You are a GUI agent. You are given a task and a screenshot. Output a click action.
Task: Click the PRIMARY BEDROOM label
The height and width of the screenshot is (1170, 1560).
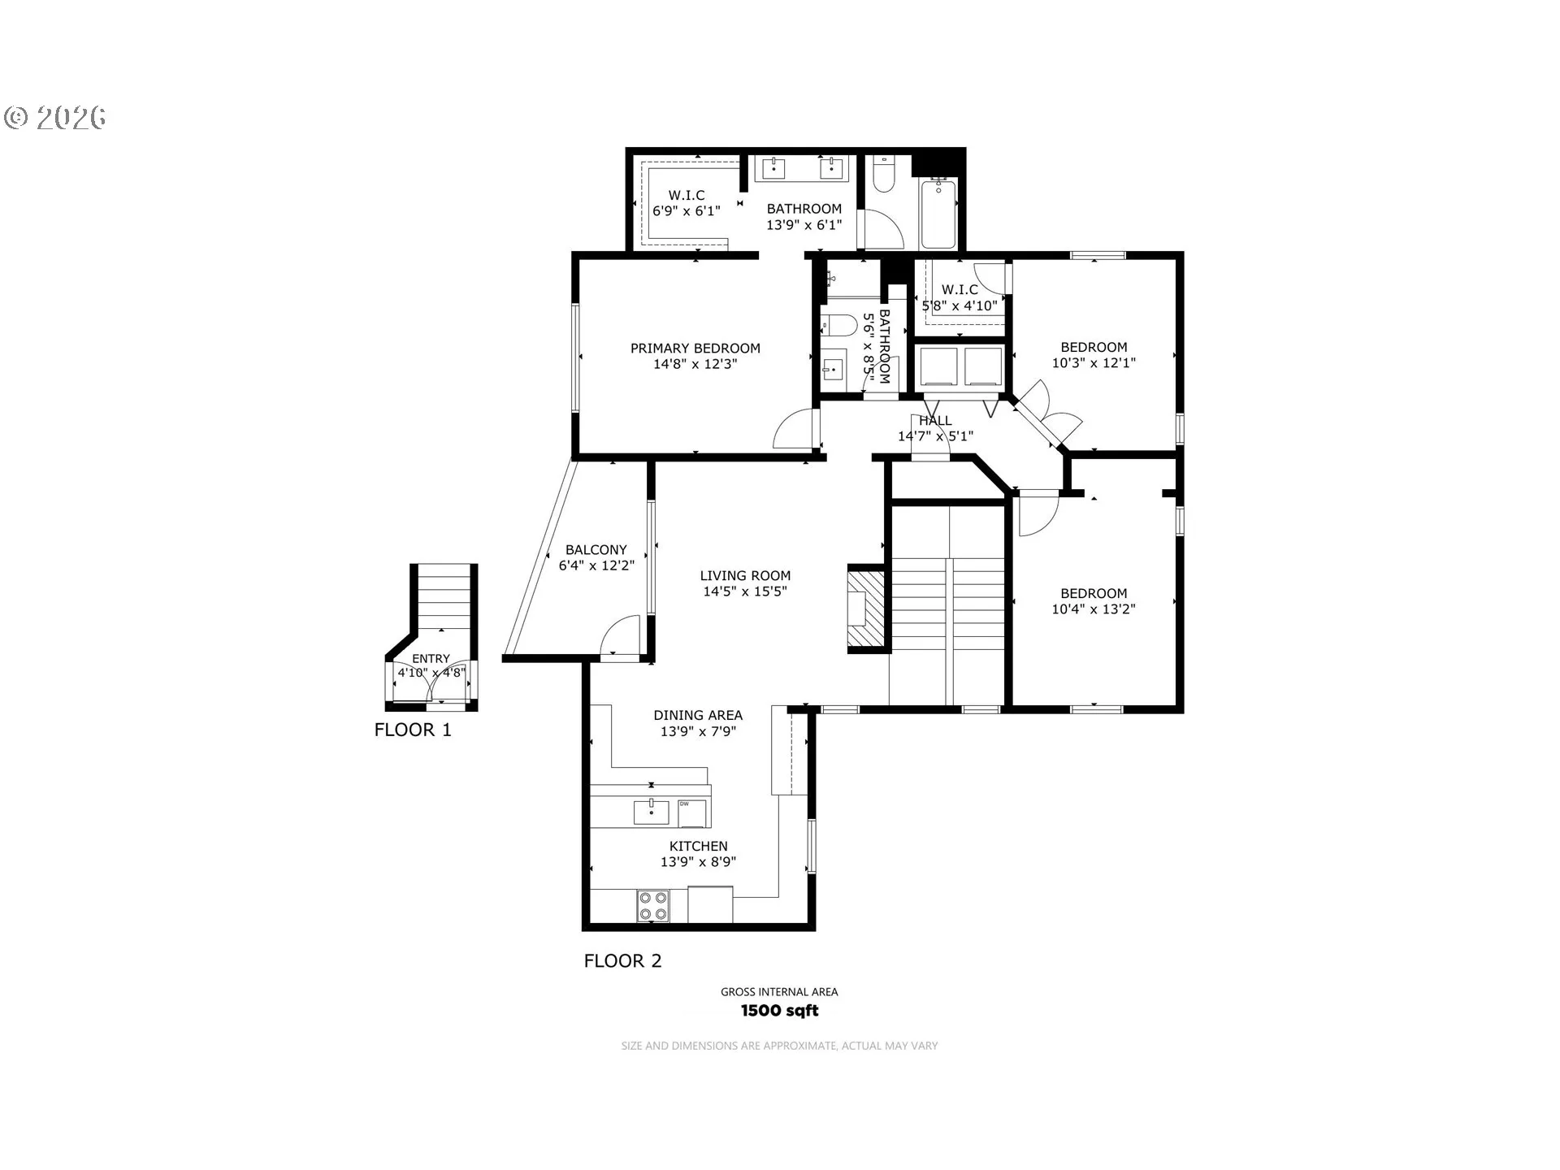click(x=695, y=349)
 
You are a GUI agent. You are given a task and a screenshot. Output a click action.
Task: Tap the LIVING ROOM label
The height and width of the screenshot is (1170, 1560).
click(x=745, y=576)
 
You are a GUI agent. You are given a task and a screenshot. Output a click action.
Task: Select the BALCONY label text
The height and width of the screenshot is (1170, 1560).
click(x=596, y=550)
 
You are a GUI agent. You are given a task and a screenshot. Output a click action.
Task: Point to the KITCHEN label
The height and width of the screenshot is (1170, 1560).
click(x=699, y=847)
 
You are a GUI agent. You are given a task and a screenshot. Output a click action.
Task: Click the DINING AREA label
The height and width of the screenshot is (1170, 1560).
click(x=698, y=716)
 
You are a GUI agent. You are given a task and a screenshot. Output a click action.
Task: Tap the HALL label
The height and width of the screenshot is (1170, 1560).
click(x=935, y=421)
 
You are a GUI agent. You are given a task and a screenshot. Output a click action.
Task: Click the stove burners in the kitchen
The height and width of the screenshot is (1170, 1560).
click(x=653, y=906)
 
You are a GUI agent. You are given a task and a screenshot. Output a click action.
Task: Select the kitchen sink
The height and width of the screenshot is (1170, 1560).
click(x=652, y=812)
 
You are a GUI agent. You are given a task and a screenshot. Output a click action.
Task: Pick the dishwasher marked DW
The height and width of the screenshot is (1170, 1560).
click(x=692, y=812)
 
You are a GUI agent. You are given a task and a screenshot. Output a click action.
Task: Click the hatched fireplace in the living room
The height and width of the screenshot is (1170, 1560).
click(x=867, y=608)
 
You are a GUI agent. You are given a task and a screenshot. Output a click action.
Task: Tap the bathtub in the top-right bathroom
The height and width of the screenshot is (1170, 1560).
click(x=939, y=214)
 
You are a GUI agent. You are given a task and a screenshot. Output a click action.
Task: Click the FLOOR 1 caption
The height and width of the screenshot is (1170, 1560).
click(x=413, y=730)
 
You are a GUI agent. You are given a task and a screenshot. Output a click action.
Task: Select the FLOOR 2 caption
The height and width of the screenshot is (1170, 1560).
click(x=623, y=961)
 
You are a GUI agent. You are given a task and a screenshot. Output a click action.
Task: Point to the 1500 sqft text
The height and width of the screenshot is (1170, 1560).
click(x=779, y=1011)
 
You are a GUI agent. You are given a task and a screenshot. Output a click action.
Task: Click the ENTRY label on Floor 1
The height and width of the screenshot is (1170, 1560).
click(x=431, y=659)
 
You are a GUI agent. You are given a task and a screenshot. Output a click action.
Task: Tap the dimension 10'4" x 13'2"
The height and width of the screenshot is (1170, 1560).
click(x=1094, y=609)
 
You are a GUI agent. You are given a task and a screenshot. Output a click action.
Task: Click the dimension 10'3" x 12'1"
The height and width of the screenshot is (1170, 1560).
click(x=1094, y=363)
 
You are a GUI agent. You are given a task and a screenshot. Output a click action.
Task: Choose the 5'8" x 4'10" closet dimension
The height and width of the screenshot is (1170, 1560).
click(x=960, y=306)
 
